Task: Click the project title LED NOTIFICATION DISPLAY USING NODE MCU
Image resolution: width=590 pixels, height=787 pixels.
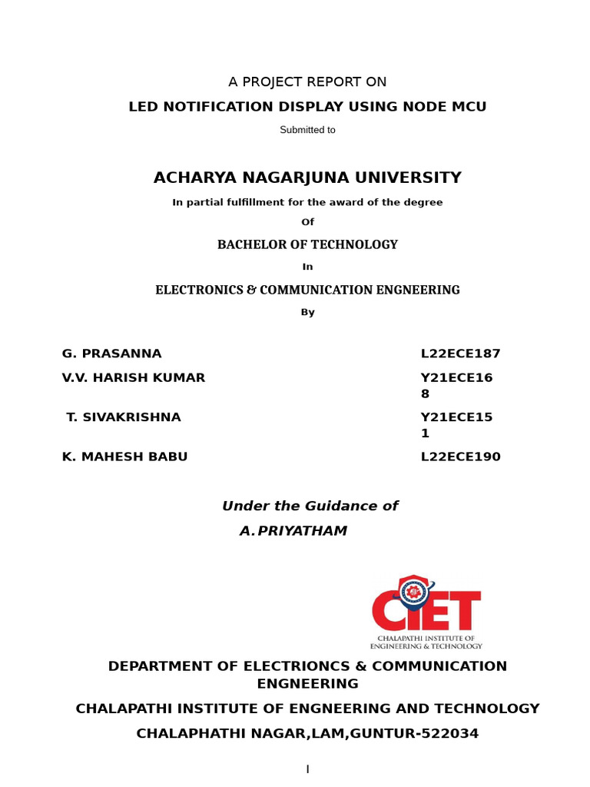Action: click(x=307, y=107)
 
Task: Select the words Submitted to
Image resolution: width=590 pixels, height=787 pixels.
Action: click(x=307, y=130)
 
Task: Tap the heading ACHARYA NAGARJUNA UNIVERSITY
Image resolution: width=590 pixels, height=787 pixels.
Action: click(x=307, y=178)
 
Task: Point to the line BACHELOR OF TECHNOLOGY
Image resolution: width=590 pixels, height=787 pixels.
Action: click(x=307, y=244)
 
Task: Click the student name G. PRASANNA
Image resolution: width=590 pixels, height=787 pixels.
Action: click(x=112, y=354)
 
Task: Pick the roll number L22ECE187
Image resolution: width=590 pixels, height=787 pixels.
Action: click(x=460, y=354)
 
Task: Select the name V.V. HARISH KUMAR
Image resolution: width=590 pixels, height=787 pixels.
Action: click(x=134, y=378)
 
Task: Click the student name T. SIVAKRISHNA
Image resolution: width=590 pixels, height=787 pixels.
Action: click(x=124, y=418)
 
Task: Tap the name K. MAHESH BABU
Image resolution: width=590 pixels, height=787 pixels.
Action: click(x=125, y=457)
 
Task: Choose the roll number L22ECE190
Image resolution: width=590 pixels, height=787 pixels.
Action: click(x=460, y=457)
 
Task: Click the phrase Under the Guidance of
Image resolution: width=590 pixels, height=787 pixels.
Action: click(x=310, y=506)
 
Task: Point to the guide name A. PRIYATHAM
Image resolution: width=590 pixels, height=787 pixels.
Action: click(x=293, y=531)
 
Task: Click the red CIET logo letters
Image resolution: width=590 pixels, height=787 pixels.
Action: click(x=426, y=612)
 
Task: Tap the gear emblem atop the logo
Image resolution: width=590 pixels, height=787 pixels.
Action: click(x=414, y=591)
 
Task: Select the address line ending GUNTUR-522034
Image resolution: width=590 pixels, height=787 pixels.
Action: click(x=307, y=734)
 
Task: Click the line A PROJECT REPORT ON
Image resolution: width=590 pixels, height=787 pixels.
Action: click(x=307, y=82)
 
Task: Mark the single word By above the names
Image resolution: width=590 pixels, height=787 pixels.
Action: click(x=307, y=313)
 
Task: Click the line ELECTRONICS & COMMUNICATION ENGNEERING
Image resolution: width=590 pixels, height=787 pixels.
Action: click(x=307, y=290)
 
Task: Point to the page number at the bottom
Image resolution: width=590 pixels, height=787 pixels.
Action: click(x=307, y=769)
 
